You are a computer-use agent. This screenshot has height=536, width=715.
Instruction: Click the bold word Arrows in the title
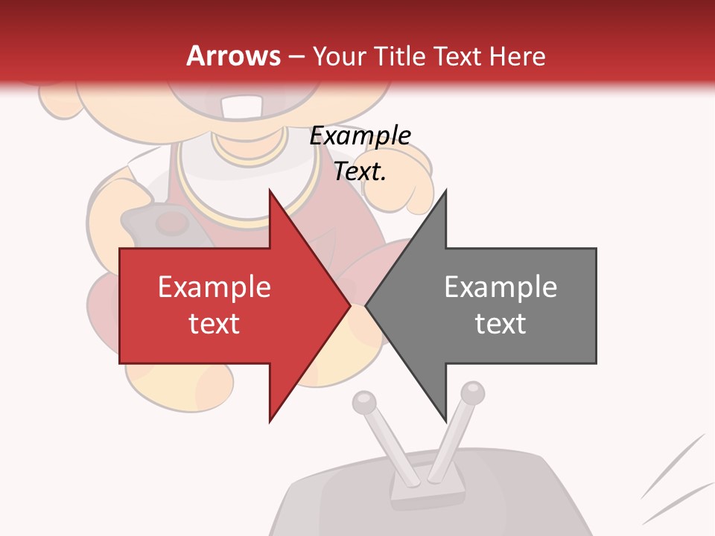[x=234, y=56]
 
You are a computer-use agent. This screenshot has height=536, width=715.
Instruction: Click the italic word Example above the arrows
[x=360, y=136]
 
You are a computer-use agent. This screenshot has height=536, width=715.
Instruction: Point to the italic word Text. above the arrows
[x=360, y=171]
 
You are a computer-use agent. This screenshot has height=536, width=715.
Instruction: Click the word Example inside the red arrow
[x=214, y=287]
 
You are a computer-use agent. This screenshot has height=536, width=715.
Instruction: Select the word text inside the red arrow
[x=214, y=324]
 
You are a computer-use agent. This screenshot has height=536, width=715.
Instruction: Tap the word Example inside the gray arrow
[x=500, y=287]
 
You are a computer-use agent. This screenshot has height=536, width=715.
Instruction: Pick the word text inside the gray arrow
[x=500, y=324]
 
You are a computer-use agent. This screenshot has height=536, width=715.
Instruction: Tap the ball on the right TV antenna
[x=472, y=392]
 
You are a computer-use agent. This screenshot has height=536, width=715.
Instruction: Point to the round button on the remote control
[x=171, y=221]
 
